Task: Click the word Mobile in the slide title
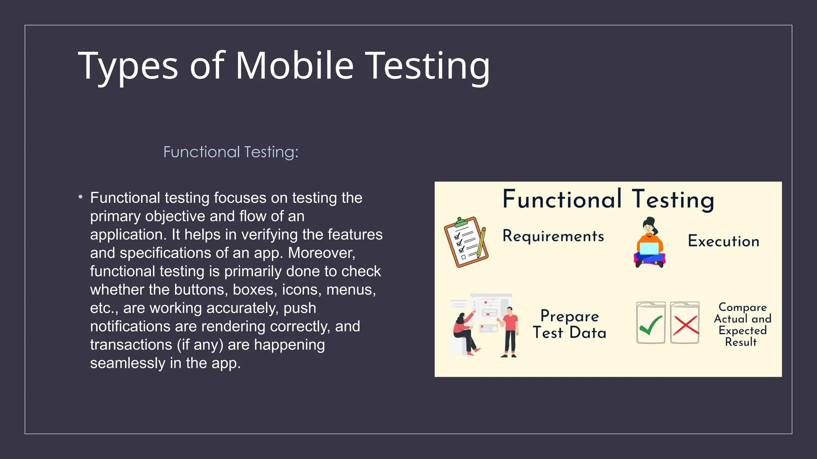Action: [294, 66]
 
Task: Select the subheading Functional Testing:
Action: [231, 152]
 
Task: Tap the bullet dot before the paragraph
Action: [81, 197]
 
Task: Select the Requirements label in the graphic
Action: [553, 236]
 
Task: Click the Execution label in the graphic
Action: [723, 241]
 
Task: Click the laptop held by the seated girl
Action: [649, 249]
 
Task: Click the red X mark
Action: [685, 325]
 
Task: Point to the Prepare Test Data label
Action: [569, 324]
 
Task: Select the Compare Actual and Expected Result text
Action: [742, 324]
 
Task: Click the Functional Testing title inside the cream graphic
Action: [608, 199]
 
